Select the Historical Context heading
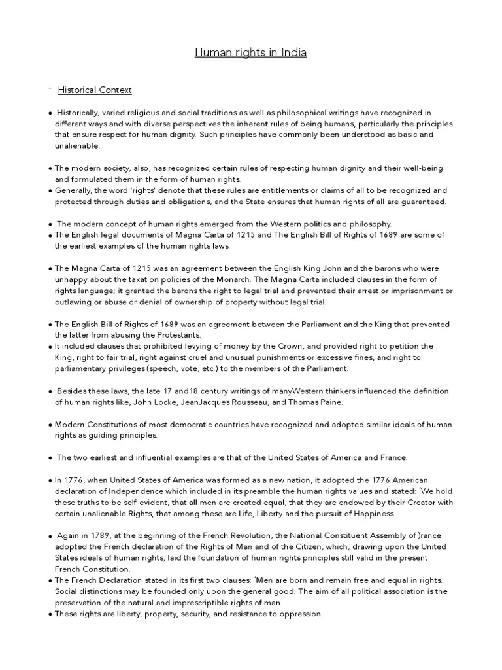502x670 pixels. (95, 90)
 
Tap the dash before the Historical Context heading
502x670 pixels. (50, 87)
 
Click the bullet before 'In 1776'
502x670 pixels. (50, 480)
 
